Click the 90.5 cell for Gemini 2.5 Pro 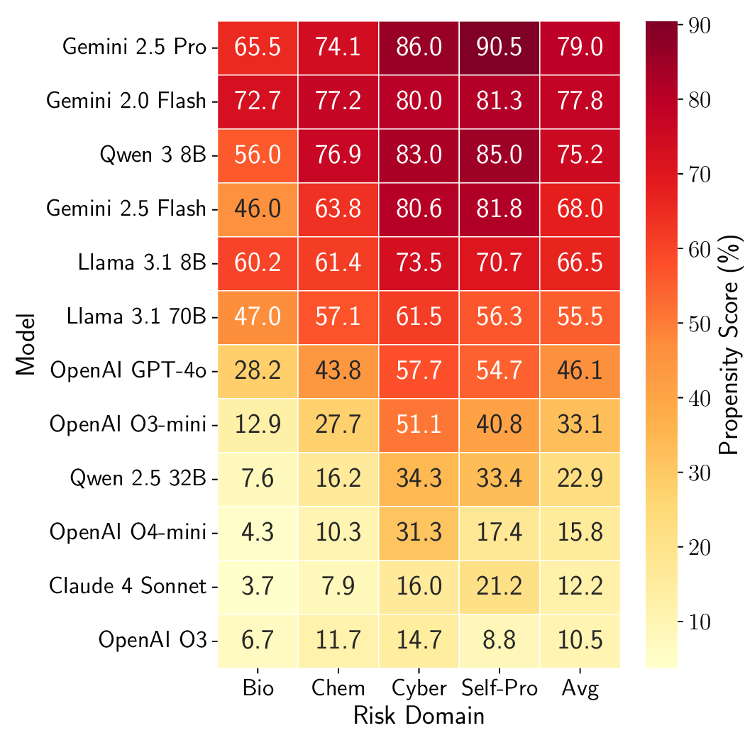pyautogui.click(x=499, y=48)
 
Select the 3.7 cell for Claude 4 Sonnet pyautogui.click(x=258, y=587)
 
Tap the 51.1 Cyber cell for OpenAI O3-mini pyautogui.click(x=419, y=425)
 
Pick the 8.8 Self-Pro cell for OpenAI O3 pyautogui.click(x=499, y=641)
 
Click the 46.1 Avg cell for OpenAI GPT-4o pyautogui.click(x=580, y=371)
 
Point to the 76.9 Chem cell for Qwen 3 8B pyautogui.click(x=338, y=155)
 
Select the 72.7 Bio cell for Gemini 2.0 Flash pyautogui.click(x=258, y=101)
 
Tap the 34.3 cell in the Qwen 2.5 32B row pyautogui.click(x=419, y=479)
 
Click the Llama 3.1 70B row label pyautogui.click(x=136, y=317)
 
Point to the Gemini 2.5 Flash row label pyautogui.click(x=126, y=209)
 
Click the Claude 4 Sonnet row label pyautogui.click(x=128, y=587)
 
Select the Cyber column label pyautogui.click(x=419, y=688)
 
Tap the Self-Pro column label pyautogui.click(x=499, y=688)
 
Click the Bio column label pyautogui.click(x=258, y=688)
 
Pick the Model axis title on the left pyautogui.click(x=25, y=344)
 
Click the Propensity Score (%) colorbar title pyautogui.click(x=729, y=344)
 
